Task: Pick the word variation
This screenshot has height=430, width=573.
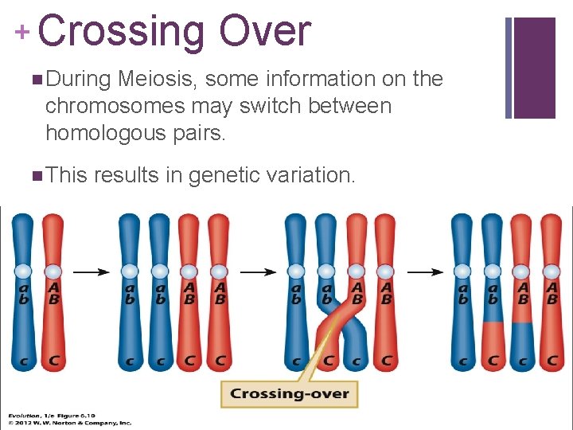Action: (307, 174)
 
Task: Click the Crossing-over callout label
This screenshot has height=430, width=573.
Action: (290, 393)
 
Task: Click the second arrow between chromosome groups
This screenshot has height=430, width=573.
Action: (258, 272)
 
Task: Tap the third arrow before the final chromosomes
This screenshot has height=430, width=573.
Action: (425, 272)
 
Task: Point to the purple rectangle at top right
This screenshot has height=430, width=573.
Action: (534, 68)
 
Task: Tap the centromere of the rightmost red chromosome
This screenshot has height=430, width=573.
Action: (552, 272)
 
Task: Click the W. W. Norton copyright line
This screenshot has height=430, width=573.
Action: (70, 423)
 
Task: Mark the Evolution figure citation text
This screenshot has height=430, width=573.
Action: (60, 416)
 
